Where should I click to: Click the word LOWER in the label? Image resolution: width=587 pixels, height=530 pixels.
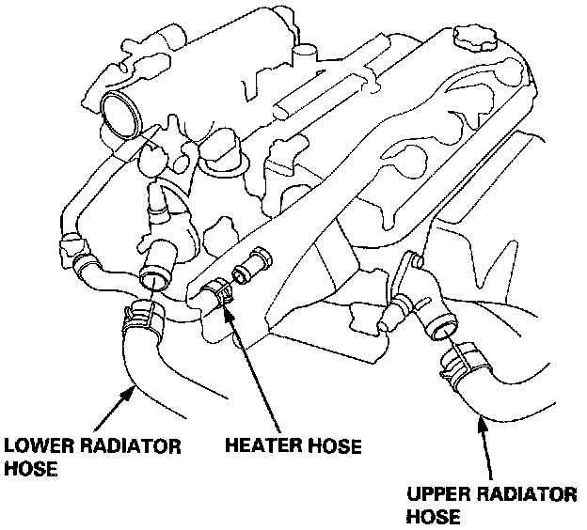[35, 444]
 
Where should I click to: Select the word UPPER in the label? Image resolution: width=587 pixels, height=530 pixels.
[436, 495]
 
